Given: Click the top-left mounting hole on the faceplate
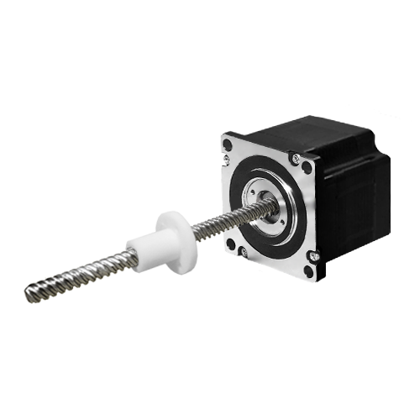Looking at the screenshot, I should point(228,143).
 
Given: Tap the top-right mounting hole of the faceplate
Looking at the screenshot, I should point(307,166).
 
